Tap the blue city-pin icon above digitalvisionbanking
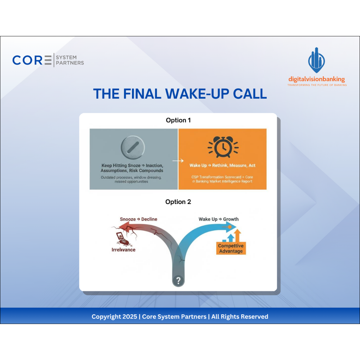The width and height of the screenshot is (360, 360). pos(316,60)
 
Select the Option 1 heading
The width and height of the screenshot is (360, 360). pos(178,120)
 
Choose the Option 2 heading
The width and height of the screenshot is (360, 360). pos(178,202)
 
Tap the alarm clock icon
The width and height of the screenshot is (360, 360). pos(222,147)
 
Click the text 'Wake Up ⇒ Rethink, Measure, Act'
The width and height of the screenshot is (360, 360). pos(222,165)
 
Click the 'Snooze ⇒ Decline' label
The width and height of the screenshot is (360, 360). pos(138,219)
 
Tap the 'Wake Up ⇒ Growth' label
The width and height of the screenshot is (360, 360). pos(218,219)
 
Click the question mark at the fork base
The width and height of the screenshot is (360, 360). pos(178,280)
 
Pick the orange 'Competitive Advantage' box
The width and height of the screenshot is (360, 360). pos(231,248)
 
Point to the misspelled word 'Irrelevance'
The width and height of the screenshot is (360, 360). pos(123,250)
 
